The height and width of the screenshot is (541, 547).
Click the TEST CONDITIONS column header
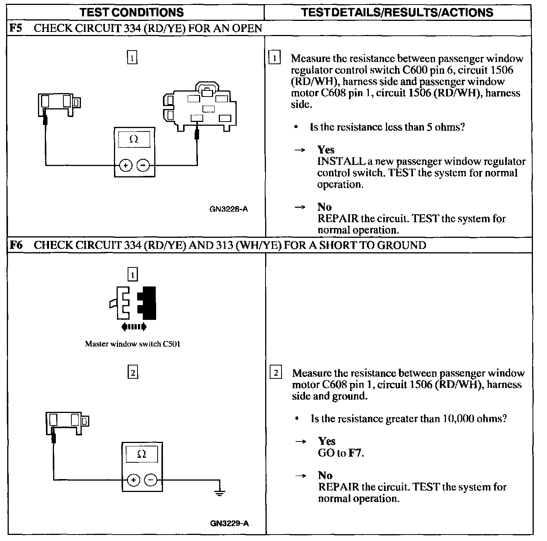132,12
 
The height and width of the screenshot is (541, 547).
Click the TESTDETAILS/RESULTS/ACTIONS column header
397,12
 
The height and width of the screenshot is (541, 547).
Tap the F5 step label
16,28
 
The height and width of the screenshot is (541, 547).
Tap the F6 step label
16,245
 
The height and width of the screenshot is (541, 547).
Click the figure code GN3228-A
229,209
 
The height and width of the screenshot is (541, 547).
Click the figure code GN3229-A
229,524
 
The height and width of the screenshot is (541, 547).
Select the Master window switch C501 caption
133,344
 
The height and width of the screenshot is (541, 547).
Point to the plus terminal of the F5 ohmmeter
125,166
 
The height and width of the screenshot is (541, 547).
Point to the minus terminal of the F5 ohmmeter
143,166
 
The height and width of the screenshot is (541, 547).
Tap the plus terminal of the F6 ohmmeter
133,480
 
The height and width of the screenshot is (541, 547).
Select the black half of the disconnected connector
148,302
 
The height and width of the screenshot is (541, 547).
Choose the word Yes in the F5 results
326,150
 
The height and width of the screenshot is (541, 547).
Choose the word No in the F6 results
326,476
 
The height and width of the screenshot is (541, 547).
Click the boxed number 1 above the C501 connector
133,274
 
